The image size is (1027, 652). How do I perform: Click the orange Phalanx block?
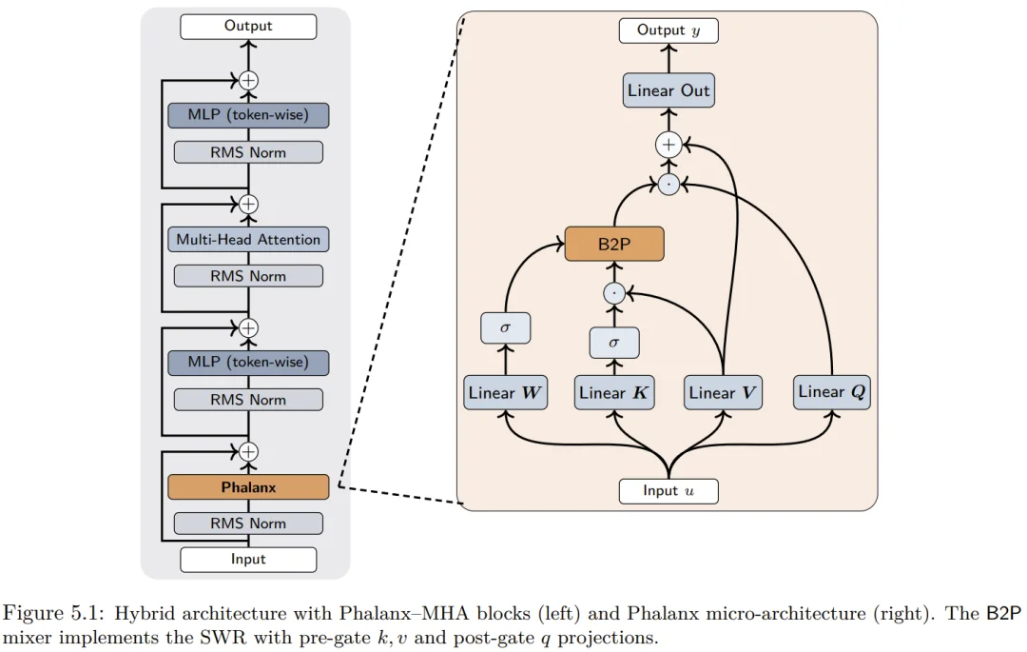(x=248, y=487)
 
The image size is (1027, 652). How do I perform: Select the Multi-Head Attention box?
(x=248, y=240)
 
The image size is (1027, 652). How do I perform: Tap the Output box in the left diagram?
(x=248, y=27)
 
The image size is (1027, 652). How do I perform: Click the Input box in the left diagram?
(x=248, y=560)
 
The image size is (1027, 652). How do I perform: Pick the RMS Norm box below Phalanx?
(x=248, y=524)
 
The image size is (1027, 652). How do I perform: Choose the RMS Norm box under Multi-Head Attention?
(x=248, y=276)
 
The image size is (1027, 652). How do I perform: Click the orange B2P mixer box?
(x=613, y=244)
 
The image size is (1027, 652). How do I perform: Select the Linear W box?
(x=505, y=392)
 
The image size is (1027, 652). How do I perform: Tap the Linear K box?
(x=614, y=392)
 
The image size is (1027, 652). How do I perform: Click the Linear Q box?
(x=832, y=391)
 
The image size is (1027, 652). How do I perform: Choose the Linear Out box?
(x=669, y=90)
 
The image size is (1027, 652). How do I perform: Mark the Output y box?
(x=669, y=30)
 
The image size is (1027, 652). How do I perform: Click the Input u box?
(x=669, y=491)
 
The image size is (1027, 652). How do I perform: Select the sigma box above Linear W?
(x=505, y=327)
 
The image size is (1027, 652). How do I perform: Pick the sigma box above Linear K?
(x=614, y=342)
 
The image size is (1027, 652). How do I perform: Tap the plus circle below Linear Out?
(x=669, y=145)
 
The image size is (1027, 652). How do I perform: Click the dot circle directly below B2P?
(x=614, y=293)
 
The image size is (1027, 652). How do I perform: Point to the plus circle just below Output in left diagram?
(x=248, y=80)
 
